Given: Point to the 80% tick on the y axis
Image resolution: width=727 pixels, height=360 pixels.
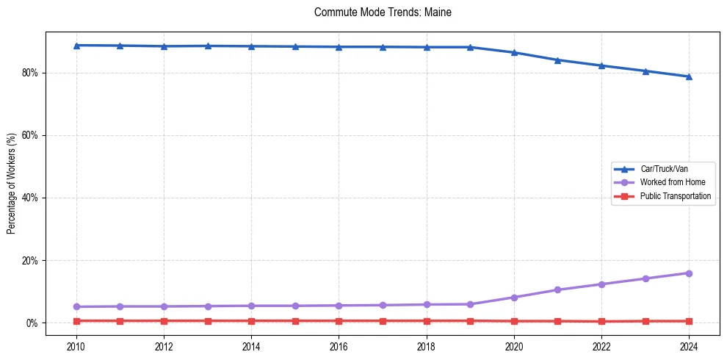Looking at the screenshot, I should pyautogui.click(x=32, y=73).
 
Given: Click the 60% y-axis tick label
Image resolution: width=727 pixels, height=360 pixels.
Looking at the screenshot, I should pyautogui.click(x=32, y=135).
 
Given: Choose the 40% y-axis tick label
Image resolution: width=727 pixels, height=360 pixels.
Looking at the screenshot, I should pyautogui.click(x=32, y=198).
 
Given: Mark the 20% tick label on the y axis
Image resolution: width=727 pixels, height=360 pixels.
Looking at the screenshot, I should pyautogui.click(x=32, y=260).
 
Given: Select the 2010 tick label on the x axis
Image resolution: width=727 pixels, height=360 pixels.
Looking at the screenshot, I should pyautogui.click(x=76, y=345).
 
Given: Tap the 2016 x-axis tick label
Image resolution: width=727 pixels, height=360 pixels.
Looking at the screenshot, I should pyautogui.click(x=339, y=345).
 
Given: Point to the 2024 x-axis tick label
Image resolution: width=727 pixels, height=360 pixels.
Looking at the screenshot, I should pyautogui.click(x=689, y=345).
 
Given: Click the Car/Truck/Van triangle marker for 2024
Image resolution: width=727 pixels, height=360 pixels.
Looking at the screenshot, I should pyautogui.click(x=689, y=76).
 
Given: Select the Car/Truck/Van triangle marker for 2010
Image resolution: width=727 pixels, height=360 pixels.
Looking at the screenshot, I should pyautogui.click(x=76, y=46).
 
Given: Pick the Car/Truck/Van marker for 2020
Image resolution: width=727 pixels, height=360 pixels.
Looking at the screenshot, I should pyautogui.click(x=514, y=53).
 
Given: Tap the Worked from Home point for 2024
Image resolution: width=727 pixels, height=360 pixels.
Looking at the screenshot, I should pyautogui.click(x=689, y=273).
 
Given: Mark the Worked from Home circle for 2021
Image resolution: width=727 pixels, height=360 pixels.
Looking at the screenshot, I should pyautogui.click(x=557, y=289).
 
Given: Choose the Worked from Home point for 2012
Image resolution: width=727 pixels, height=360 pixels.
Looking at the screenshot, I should pyautogui.click(x=164, y=306).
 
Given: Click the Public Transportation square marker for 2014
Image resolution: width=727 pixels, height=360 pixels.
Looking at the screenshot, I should pyautogui.click(x=251, y=321).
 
